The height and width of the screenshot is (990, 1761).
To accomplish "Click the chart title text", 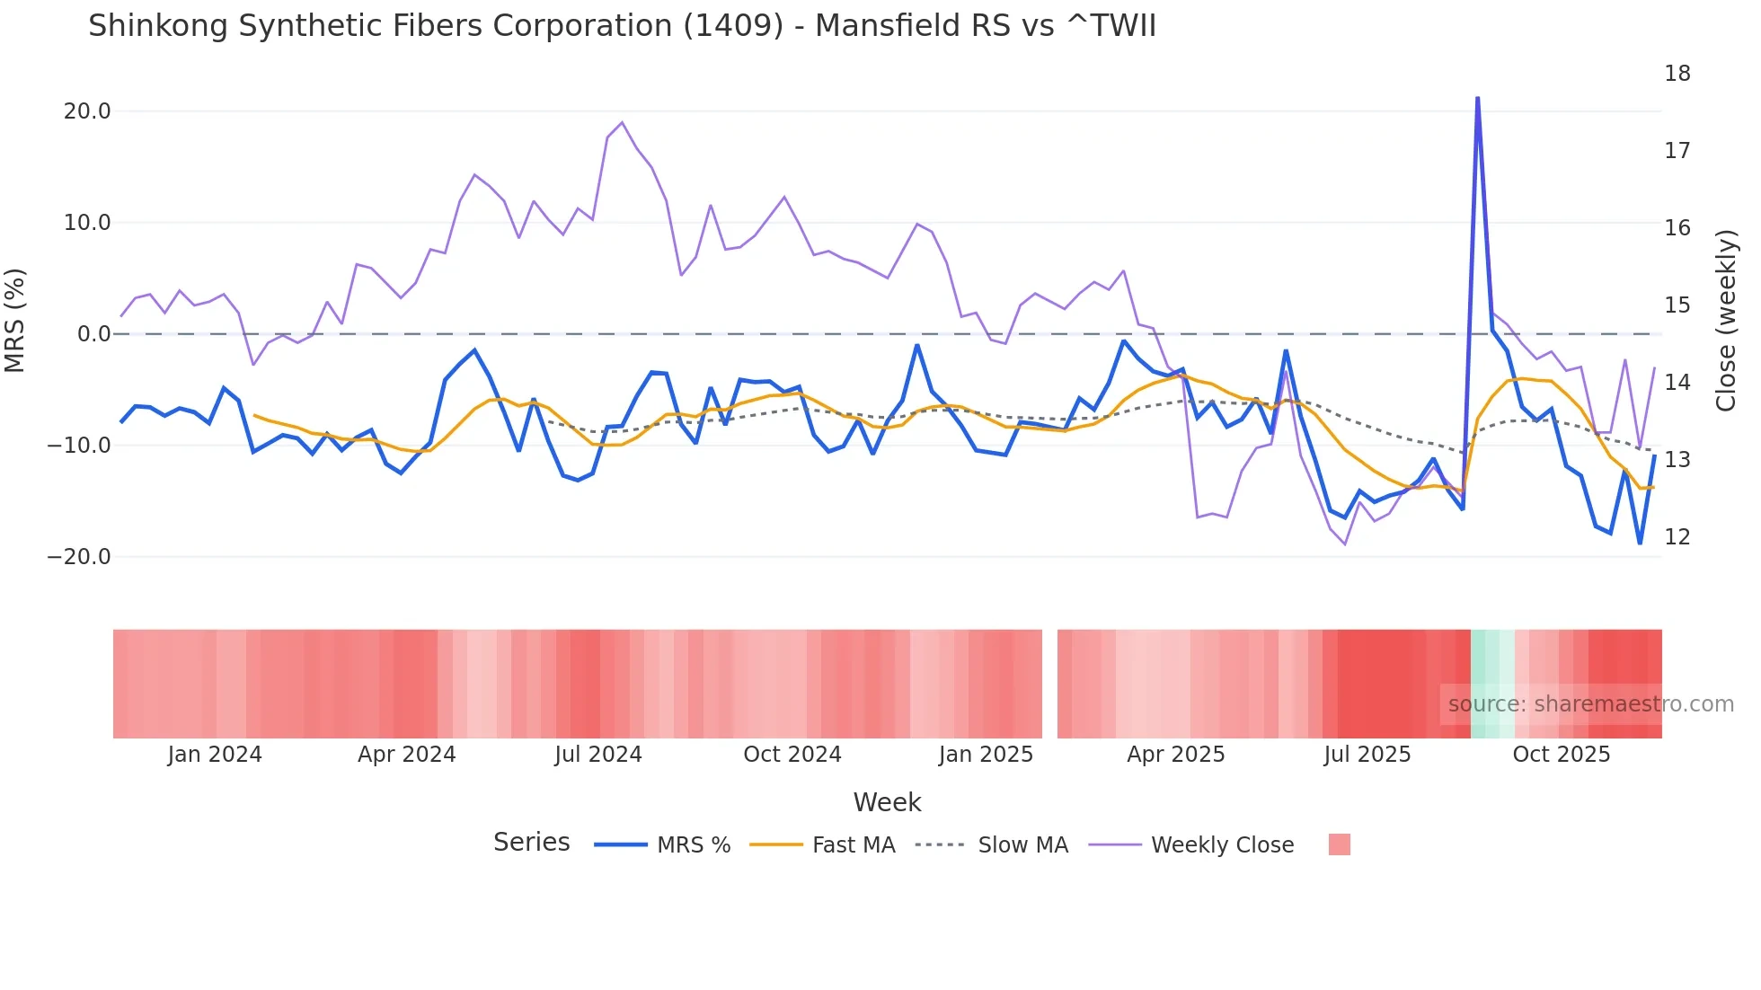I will click(x=622, y=26).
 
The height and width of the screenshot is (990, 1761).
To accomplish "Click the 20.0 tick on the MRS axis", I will click(x=87, y=111).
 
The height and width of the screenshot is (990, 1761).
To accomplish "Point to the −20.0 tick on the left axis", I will click(x=79, y=557).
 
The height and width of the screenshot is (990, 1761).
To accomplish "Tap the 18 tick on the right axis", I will click(x=1677, y=74).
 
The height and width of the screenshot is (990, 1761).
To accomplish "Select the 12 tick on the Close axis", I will click(x=1677, y=537).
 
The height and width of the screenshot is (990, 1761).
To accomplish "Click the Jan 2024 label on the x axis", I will click(x=215, y=755).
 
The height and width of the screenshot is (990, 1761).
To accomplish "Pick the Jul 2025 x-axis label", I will click(x=1367, y=755).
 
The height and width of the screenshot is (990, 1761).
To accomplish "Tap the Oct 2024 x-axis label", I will click(x=792, y=755).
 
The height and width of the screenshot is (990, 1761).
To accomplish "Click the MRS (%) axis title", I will click(x=15, y=320).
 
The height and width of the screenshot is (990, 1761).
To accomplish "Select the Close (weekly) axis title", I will click(x=1725, y=321).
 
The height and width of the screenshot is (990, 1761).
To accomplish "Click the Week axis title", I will click(x=887, y=802).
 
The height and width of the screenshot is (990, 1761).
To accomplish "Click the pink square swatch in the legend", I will click(x=1339, y=844).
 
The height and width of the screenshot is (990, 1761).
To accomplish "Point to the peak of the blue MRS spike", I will click(x=1477, y=98).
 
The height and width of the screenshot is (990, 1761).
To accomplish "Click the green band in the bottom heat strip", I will click(x=1491, y=684).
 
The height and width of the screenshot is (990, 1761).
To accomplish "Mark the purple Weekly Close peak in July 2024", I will click(x=622, y=123).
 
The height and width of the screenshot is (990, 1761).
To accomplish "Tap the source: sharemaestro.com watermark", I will click(x=1590, y=704).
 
